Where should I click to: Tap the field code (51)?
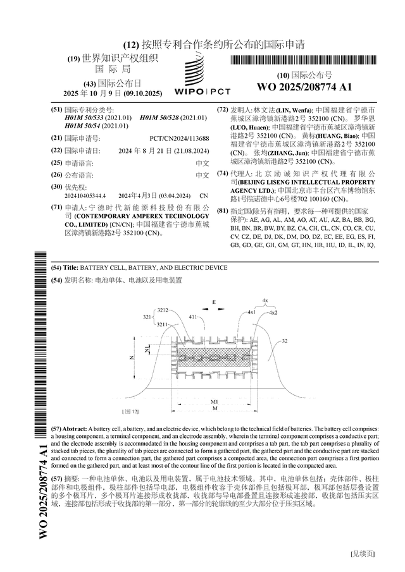(x=56, y=109)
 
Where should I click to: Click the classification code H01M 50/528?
(x=173, y=118)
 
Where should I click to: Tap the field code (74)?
(x=222, y=173)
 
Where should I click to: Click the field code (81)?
(x=222, y=210)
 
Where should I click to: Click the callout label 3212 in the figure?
(x=163, y=310)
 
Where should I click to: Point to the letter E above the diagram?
(x=214, y=303)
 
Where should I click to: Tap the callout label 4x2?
(x=273, y=312)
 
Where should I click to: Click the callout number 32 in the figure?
(x=285, y=341)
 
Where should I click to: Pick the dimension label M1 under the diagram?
(x=215, y=402)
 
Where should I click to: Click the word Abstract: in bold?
(x=79, y=429)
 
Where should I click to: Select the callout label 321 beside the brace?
(x=146, y=317)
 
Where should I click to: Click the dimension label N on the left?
(x=132, y=358)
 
